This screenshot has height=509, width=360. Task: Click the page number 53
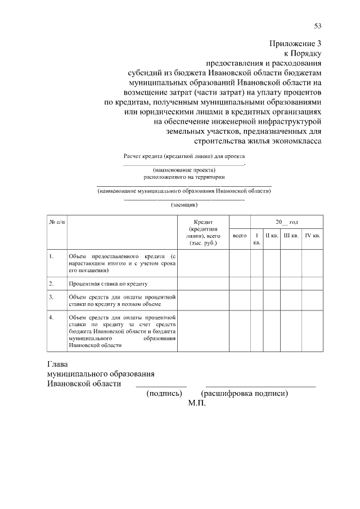tap(318, 25)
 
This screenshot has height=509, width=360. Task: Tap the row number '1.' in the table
tap(51, 257)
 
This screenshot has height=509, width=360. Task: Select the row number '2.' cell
tap(51, 283)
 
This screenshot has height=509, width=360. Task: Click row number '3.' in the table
tap(51, 296)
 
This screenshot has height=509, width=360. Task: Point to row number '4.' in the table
tap(51, 317)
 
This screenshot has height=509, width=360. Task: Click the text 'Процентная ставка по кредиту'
tap(107, 284)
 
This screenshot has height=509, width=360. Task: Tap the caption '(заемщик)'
tap(184, 205)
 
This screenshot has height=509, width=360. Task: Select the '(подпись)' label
tap(163, 394)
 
